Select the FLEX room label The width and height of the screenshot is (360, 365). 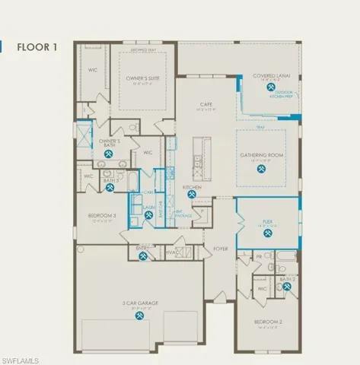(267, 221)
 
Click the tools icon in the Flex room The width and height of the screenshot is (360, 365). (267, 233)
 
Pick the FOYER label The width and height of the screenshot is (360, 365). (221, 248)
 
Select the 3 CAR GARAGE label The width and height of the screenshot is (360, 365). (139, 303)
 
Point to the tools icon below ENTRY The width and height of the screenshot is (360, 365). (143, 257)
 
